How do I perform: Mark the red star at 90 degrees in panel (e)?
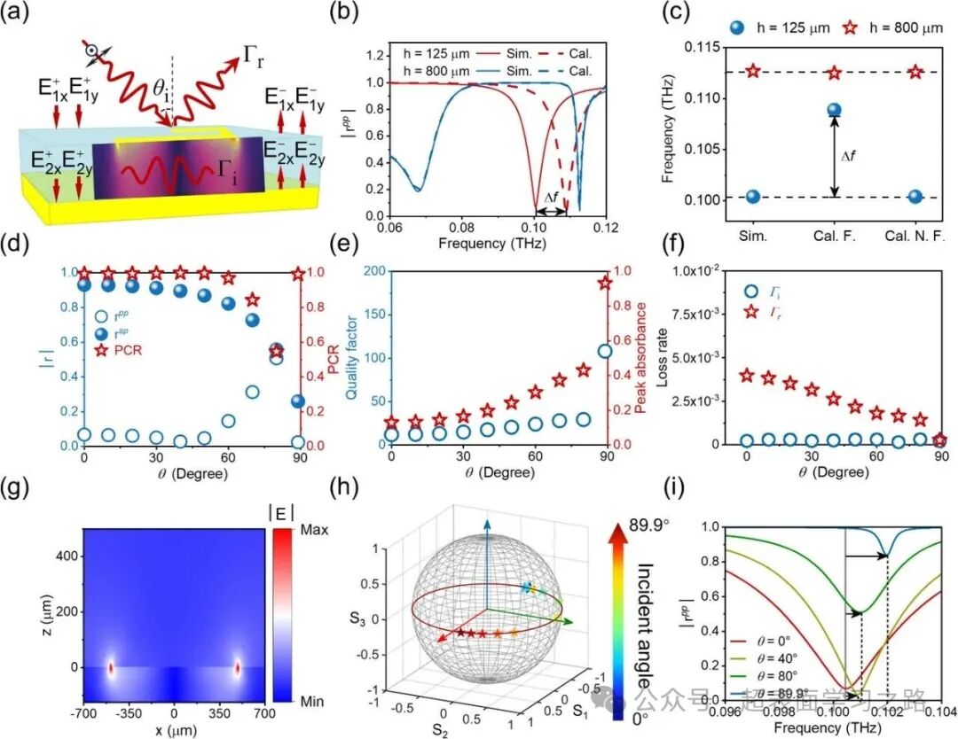pyautogui.click(x=605, y=283)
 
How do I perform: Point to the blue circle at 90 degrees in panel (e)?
pyautogui.click(x=605, y=351)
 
